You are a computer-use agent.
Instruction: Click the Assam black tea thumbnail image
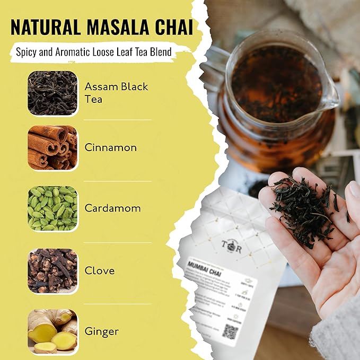pyautogui.click(x=52, y=92)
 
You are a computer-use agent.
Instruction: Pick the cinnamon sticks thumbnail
pyautogui.click(x=52, y=147)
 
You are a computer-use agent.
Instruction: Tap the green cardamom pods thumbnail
pyautogui.click(x=52, y=208)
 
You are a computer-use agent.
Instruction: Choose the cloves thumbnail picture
pyautogui.click(x=52, y=270)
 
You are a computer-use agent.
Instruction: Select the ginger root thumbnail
pyautogui.click(x=52, y=331)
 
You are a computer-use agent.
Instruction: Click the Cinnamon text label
pyautogui.click(x=111, y=148)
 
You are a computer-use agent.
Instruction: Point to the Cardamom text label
pyautogui.click(x=112, y=208)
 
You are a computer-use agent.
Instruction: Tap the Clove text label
pyautogui.click(x=100, y=270)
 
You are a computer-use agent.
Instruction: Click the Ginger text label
pyautogui.click(x=101, y=332)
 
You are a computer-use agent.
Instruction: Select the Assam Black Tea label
pyautogui.click(x=116, y=92)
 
